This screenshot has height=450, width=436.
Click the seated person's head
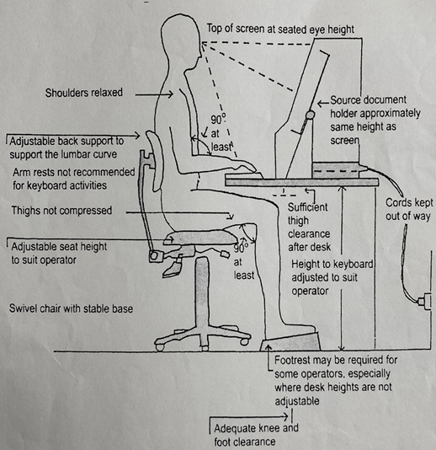[x=178, y=34]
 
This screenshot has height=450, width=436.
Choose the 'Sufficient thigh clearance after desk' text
[x=310, y=219]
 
